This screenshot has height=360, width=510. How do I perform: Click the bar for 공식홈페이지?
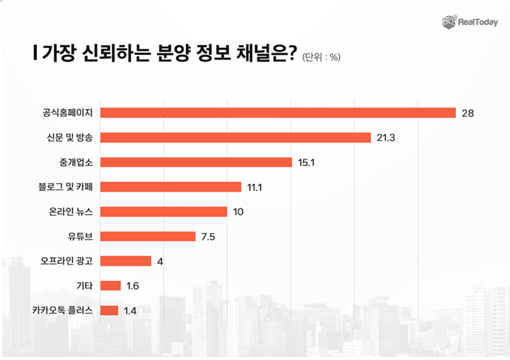pyautogui.click(x=278, y=113)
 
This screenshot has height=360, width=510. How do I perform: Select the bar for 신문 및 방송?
pyautogui.click(x=235, y=138)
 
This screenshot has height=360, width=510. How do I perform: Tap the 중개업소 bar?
pyautogui.click(x=196, y=162)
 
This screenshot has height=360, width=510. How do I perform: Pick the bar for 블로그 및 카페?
pyautogui.click(x=171, y=187)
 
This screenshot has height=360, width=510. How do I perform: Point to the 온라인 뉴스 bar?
pyautogui.click(x=163, y=212)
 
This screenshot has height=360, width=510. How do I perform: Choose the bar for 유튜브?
pyautogui.click(x=147, y=237)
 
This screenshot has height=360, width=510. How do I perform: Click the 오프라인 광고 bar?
pyautogui.click(x=126, y=262)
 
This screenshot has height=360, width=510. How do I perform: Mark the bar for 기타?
pyautogui.click(x=111, y=286)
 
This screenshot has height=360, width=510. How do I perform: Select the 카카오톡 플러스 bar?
pyautogui.click(x=109, y=310)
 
